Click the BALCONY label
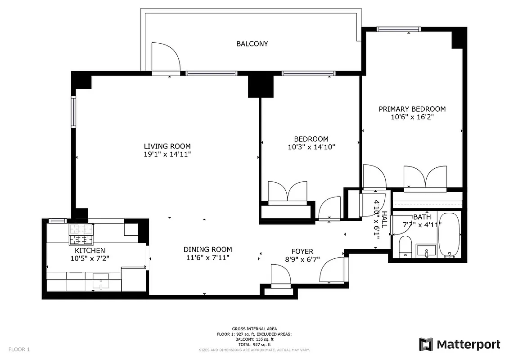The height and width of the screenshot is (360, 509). (x=252, y=44)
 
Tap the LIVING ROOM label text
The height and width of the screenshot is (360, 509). (x=167, y=146)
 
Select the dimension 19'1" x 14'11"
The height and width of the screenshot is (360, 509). (x=167, y=154)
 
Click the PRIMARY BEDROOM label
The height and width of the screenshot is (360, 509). (x=412, y=109)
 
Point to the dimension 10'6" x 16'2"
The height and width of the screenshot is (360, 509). (x=412, y=117)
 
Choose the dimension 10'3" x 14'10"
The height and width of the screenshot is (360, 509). (x=311, y=147)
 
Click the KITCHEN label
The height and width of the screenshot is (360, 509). (x=90, y=251)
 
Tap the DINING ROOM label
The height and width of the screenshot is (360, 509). (x=207, y=249)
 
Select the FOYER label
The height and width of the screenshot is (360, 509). (x=302, y=251)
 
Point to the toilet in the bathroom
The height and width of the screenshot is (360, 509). (x=405, y=247)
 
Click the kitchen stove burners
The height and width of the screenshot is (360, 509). (x=81, y=234)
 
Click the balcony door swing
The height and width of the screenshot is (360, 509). (x=165, y=58)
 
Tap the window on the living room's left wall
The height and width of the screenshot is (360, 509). (x=73, y=112)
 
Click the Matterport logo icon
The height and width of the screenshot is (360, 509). (x=426, y=344)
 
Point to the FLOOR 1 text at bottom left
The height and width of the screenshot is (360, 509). (x=19, y=349)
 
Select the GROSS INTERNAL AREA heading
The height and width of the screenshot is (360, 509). (x=254, y=329)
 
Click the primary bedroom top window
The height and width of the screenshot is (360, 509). (x=398, y=30)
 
